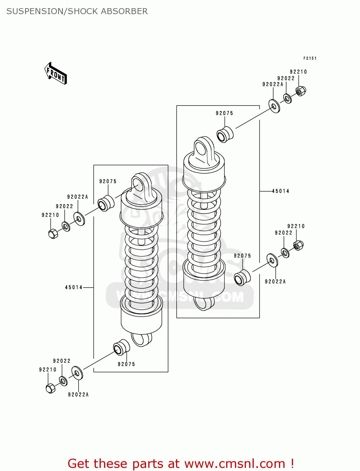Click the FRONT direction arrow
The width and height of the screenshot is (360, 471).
[56, 73]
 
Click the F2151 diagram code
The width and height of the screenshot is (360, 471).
[310, 58]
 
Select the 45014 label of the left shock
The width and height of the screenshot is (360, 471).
[74, 287]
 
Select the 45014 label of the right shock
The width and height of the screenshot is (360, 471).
[281, 191]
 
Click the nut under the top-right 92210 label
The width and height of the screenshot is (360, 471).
[301, 91]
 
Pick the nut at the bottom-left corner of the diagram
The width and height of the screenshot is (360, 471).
[50, 388]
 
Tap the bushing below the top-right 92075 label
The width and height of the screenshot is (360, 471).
[225, 134]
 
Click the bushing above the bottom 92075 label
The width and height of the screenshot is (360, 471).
[121, 347]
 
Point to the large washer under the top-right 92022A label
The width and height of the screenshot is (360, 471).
[274, 106]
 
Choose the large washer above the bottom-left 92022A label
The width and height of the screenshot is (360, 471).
[77, 373]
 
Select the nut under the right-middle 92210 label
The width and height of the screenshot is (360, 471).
[298, 245]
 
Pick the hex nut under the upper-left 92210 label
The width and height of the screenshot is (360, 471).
[53, 233]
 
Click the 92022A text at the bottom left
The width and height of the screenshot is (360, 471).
[78, 395]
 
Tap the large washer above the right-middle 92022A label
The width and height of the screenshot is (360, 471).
[272, 260]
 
